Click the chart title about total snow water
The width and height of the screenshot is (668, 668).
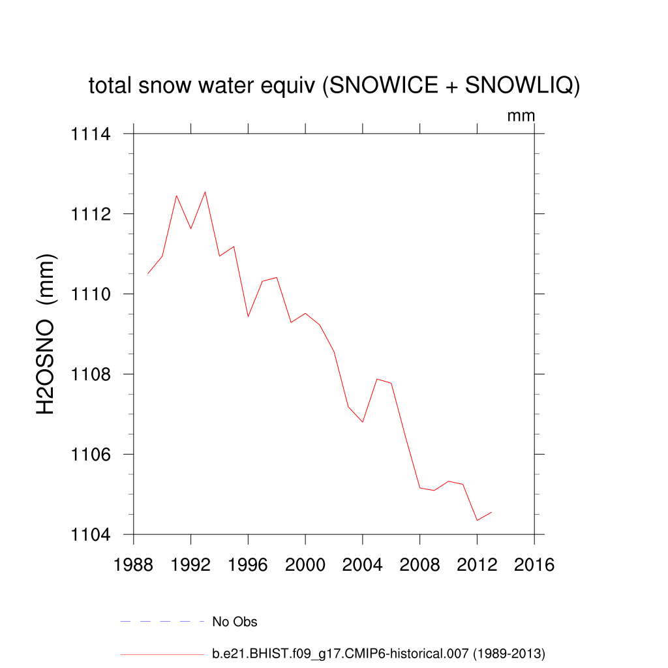(x=334, y=86)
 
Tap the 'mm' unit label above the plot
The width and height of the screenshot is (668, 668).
(x=521, y=116)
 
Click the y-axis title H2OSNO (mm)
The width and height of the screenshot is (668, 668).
(x=46, y=334)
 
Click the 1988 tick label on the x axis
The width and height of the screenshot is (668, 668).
(x=134, y=565)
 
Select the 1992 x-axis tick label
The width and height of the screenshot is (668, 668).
(x=191, y=565)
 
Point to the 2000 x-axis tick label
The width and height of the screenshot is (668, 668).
(x=305, y=565)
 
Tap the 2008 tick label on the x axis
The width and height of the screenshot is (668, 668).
(x=420, y=565)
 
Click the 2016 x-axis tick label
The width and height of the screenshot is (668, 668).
(x=534, y=565)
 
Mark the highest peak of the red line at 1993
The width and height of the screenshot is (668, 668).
(x=205, y=192)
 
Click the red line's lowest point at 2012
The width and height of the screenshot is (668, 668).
(x=477, y=521)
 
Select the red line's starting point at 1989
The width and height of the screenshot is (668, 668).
(x=148, y=273)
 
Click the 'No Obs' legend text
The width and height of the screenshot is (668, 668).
(x=235, y=622)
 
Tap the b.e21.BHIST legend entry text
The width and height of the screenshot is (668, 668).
(x=378, y=654)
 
